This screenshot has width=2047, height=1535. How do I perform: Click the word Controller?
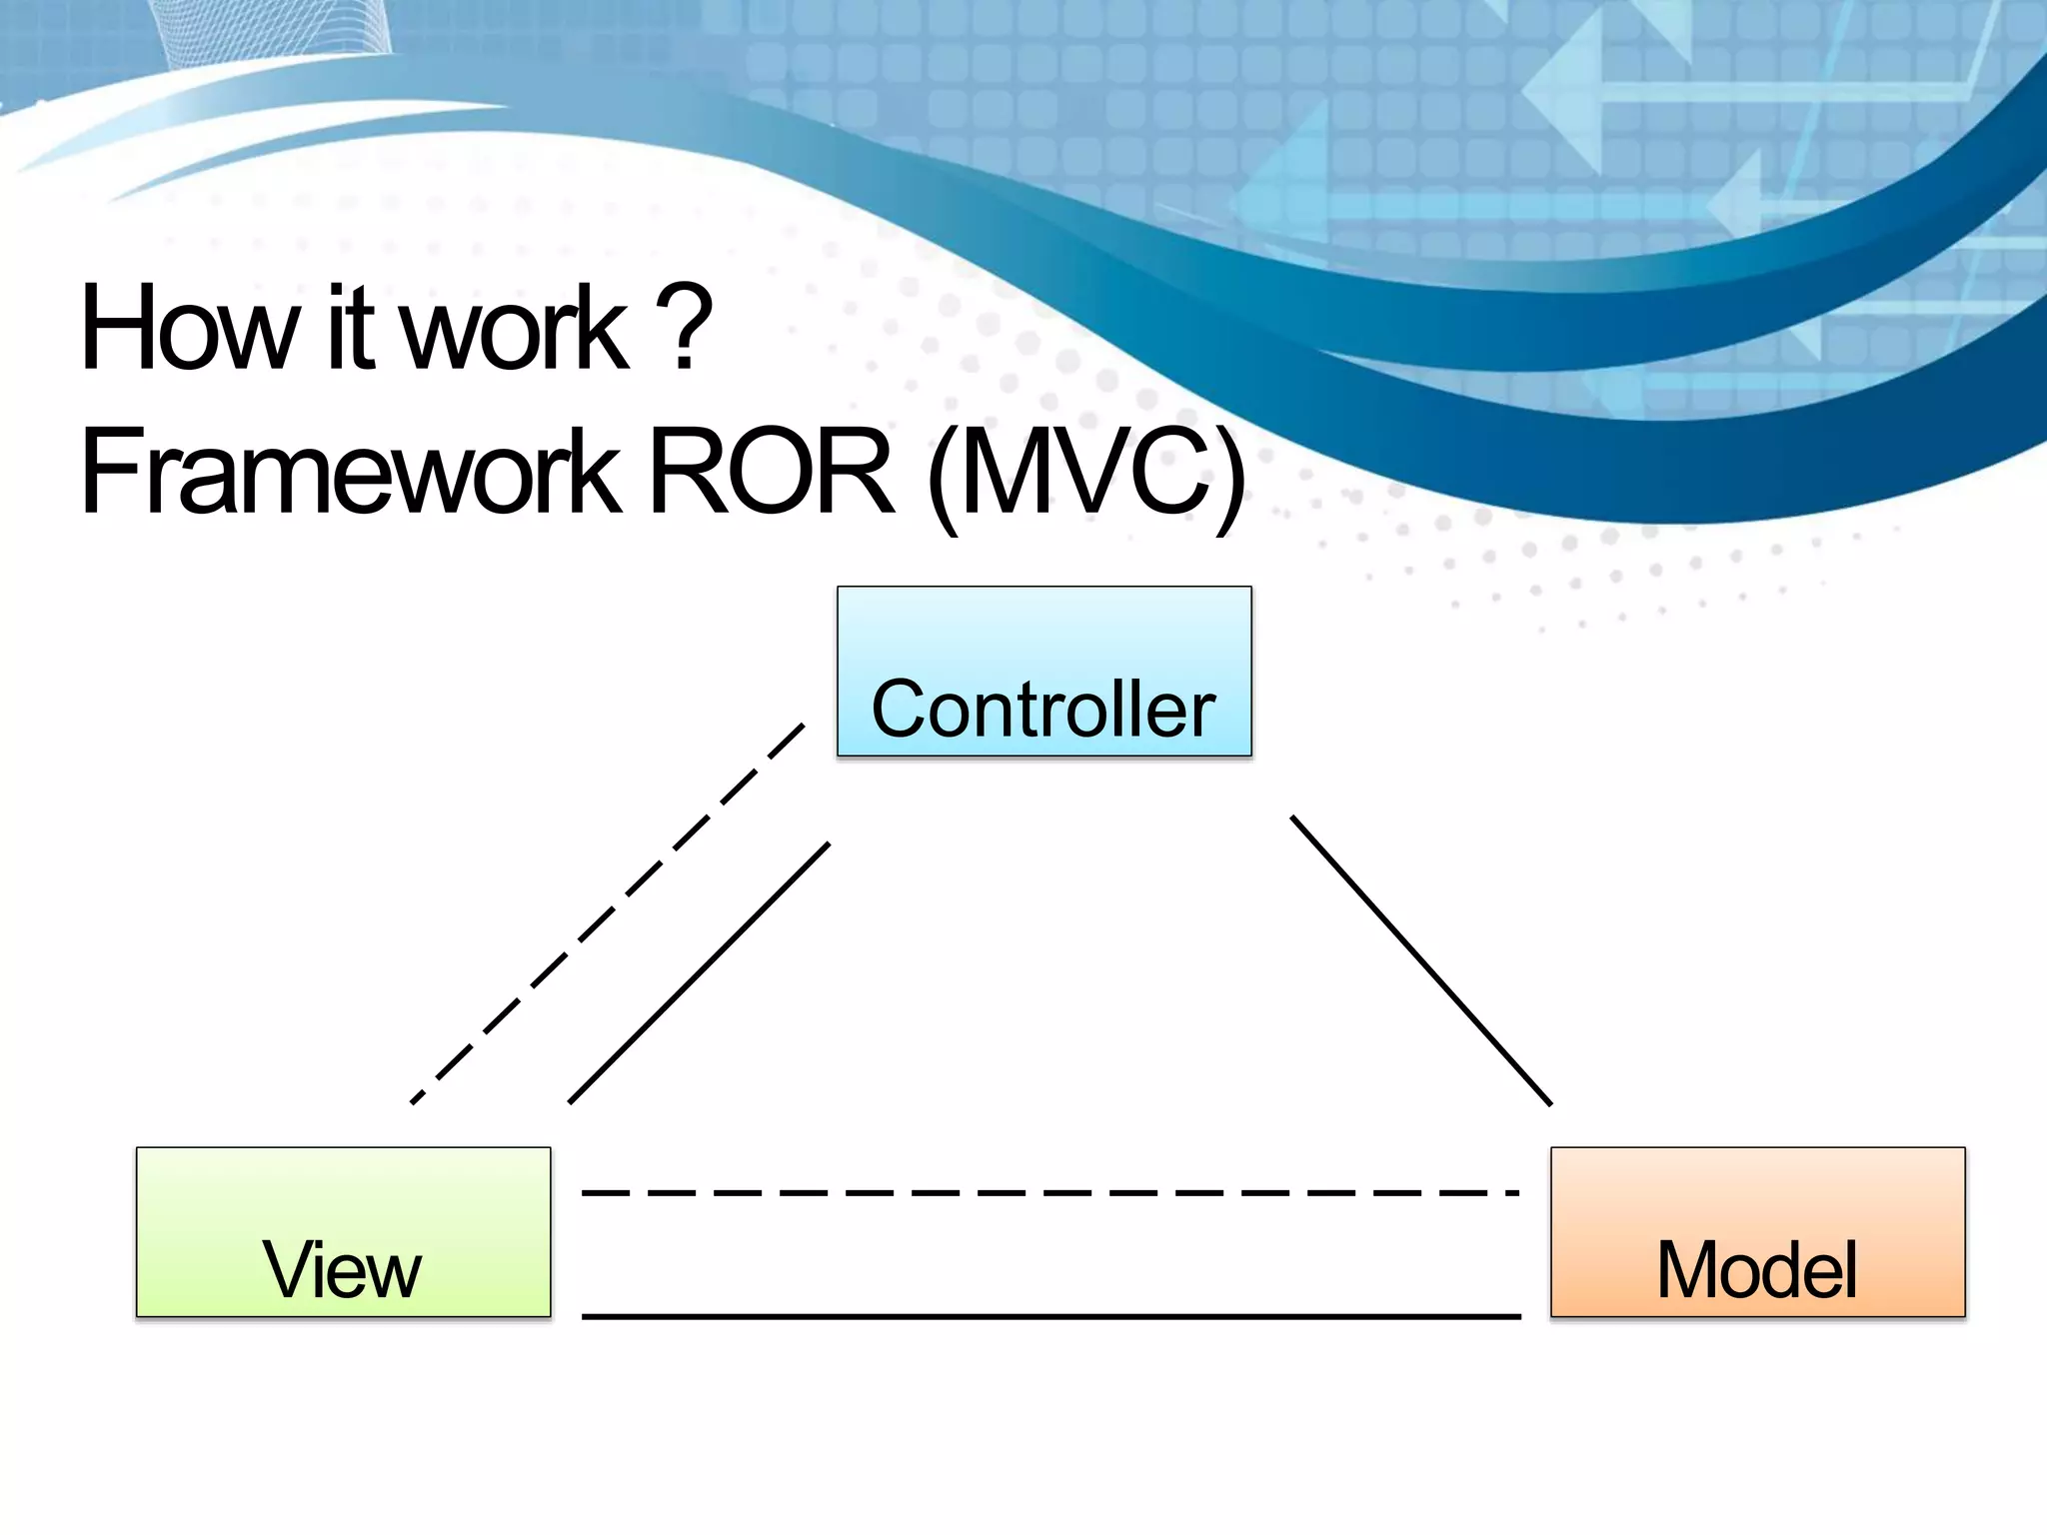(1043, 710)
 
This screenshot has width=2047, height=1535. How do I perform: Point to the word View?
(342, 1270)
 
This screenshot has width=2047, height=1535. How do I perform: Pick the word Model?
(1757, 1270)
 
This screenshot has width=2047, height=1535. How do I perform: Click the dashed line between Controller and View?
(608, 911)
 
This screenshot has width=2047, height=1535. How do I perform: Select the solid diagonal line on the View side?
(700, 972)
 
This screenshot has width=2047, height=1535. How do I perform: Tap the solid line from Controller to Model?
(1421, 960)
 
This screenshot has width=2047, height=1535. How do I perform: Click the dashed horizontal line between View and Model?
(1049, 1192)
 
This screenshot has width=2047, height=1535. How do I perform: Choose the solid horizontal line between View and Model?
(1049, 1316)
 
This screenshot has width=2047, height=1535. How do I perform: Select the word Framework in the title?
(350, 471)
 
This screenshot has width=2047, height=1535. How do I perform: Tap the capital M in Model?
(1692, 1270)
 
